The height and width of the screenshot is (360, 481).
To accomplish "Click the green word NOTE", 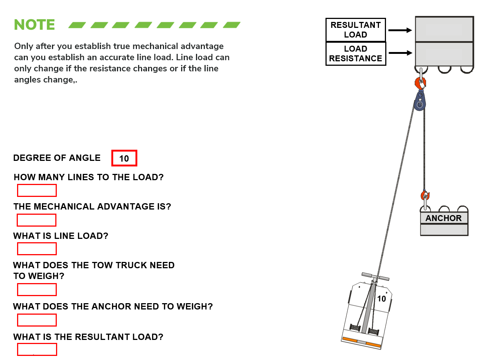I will (34, 25).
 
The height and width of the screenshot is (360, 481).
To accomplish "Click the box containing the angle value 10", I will (124, 158).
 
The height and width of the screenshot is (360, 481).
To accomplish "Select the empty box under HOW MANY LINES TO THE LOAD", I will (37, 190).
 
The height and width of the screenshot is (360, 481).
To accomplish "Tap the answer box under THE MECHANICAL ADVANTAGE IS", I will (36, 220).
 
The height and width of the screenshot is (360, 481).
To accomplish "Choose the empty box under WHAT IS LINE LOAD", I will (37, 249).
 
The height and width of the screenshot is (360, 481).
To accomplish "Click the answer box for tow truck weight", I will (37, 289).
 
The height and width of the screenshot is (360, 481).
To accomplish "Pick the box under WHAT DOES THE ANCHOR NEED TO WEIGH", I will (37, 320).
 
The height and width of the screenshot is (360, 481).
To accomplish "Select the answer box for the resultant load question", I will (37, 350).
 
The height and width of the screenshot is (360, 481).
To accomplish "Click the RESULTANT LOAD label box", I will (356, 30).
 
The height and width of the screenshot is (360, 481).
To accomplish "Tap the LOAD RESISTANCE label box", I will (356, 53).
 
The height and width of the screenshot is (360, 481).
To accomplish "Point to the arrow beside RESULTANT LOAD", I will (400, 30).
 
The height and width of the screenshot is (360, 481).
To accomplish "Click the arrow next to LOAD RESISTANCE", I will (400, 53).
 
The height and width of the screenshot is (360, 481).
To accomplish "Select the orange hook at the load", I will (421, 82).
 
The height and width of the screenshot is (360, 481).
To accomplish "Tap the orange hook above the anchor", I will (425, 195).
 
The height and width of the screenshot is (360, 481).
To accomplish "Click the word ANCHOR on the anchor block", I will (444, 218).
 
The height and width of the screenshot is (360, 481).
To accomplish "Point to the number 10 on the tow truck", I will (382, 299).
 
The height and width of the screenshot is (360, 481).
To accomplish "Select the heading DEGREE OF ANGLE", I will (57, 158).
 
